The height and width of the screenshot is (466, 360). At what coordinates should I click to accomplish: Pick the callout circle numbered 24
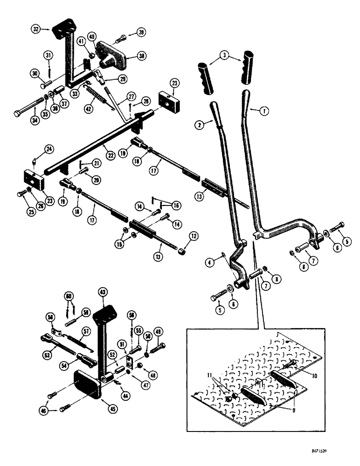click(48, 150)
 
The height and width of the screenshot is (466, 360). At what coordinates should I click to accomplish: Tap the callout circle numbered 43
click(103, 292)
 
